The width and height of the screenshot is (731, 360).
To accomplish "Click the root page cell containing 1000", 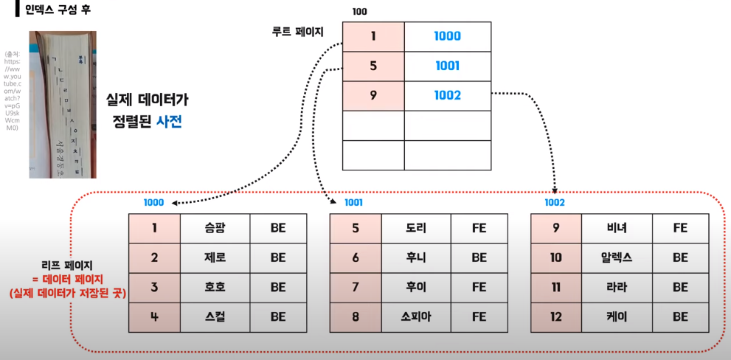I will [447, 36].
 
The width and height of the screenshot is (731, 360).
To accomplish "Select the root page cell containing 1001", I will [447, 66].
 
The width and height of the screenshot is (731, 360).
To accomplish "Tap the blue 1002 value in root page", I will [447, 95].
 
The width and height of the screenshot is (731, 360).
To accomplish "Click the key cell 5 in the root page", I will [373, 66].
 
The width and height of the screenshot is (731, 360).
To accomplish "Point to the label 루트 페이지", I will [298, 32].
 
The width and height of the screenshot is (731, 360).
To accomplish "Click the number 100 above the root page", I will [360, 12].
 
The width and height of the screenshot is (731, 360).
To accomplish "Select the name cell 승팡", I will [215, 229].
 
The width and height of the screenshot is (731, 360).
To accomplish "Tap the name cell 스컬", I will [215, 317].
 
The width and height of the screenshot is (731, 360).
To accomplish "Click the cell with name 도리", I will [416, 229].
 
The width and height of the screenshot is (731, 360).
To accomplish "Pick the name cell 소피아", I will [416, 317].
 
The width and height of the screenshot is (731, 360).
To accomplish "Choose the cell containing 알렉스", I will [617, 258].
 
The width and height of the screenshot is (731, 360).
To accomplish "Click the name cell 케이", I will [617, 317].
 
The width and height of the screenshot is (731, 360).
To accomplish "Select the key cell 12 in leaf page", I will [556, 317].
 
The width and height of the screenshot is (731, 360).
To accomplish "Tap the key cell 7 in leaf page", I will [356, 288].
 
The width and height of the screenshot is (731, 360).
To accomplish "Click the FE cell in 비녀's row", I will [680, 229].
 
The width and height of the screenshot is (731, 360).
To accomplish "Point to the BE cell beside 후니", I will [479, 258].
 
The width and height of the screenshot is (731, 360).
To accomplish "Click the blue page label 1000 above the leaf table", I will [153, 203].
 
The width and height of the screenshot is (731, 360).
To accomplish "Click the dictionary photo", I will [63, 104].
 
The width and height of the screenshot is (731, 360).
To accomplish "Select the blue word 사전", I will [169, 121].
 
